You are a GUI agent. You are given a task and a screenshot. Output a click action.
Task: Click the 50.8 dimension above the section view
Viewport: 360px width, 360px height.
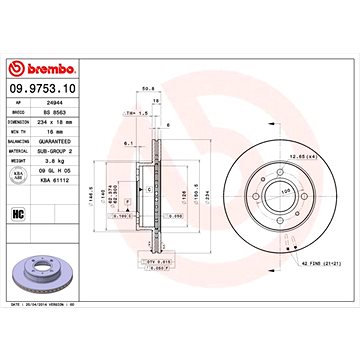click(147, 87)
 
